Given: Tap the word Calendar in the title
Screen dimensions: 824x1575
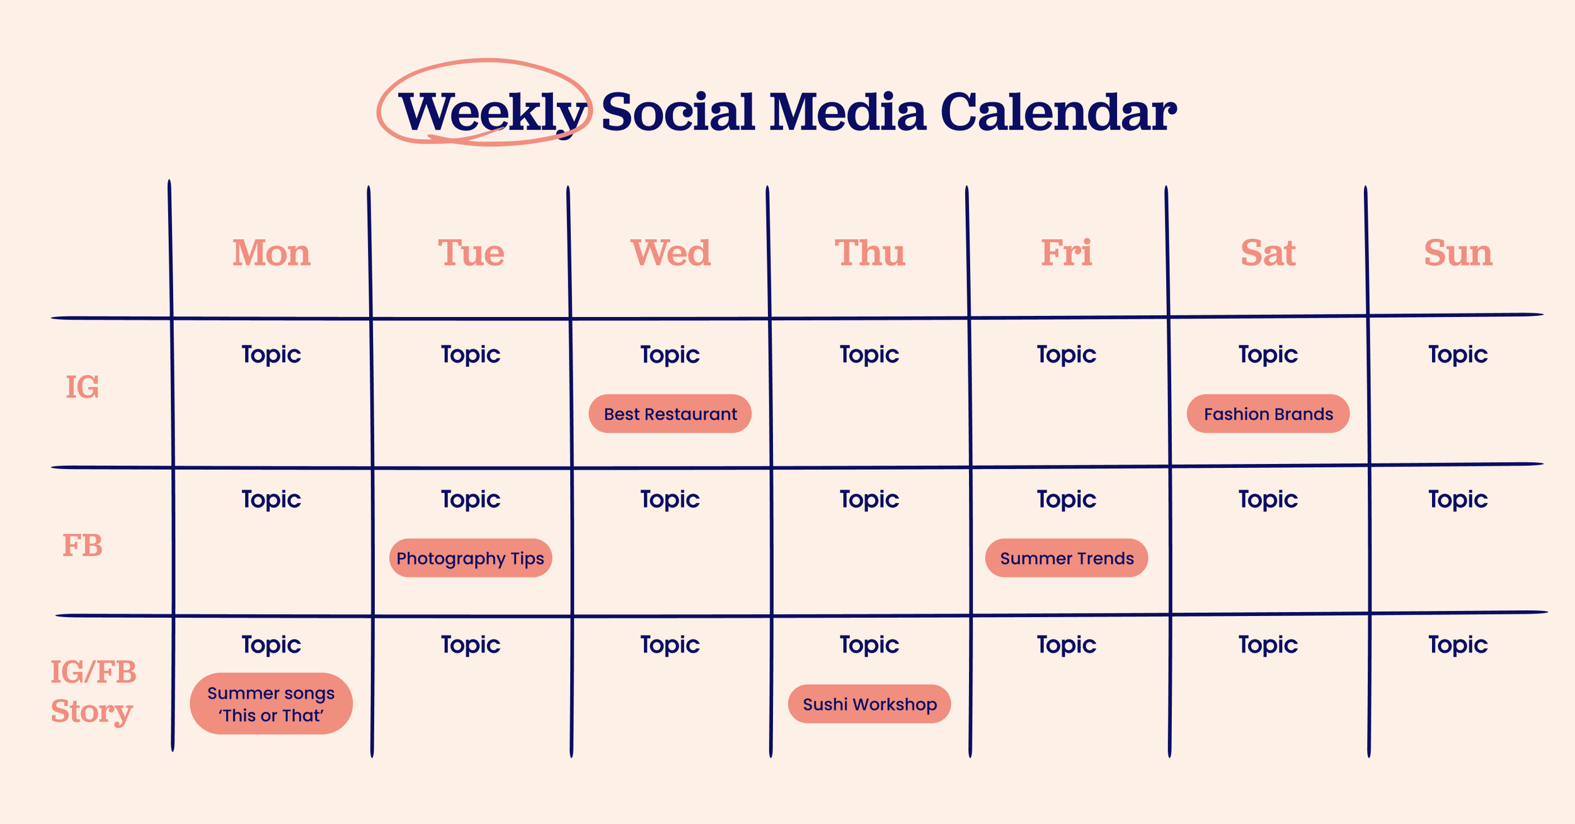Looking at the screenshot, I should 1058,112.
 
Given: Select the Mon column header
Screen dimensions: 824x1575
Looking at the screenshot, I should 272,253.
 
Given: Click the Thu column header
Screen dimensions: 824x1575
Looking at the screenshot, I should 870,253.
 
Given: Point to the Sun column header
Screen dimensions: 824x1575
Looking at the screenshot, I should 1458,253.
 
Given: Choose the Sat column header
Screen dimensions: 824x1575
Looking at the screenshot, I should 1268,253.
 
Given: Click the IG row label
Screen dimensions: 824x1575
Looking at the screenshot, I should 83,387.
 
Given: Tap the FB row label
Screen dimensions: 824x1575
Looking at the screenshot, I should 83,545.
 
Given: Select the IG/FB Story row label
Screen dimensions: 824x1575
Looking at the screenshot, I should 93,692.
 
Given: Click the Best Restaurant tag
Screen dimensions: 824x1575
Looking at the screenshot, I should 670,414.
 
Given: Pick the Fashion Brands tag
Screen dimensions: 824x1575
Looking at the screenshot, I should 1268,414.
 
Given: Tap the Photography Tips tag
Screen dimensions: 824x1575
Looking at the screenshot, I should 471,558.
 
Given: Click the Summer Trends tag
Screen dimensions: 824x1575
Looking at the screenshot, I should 1067,558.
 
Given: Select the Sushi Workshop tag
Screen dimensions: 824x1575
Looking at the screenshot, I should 869,704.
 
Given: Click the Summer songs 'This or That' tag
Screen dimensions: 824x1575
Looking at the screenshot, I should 272,704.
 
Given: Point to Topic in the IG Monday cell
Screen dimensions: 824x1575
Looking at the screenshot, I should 272,354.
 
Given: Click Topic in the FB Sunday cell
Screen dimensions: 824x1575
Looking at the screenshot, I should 1458,499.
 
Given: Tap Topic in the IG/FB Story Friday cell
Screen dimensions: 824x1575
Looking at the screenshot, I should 1067,644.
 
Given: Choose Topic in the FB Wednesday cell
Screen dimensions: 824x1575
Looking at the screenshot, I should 670,499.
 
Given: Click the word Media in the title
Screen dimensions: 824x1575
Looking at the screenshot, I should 847,112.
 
